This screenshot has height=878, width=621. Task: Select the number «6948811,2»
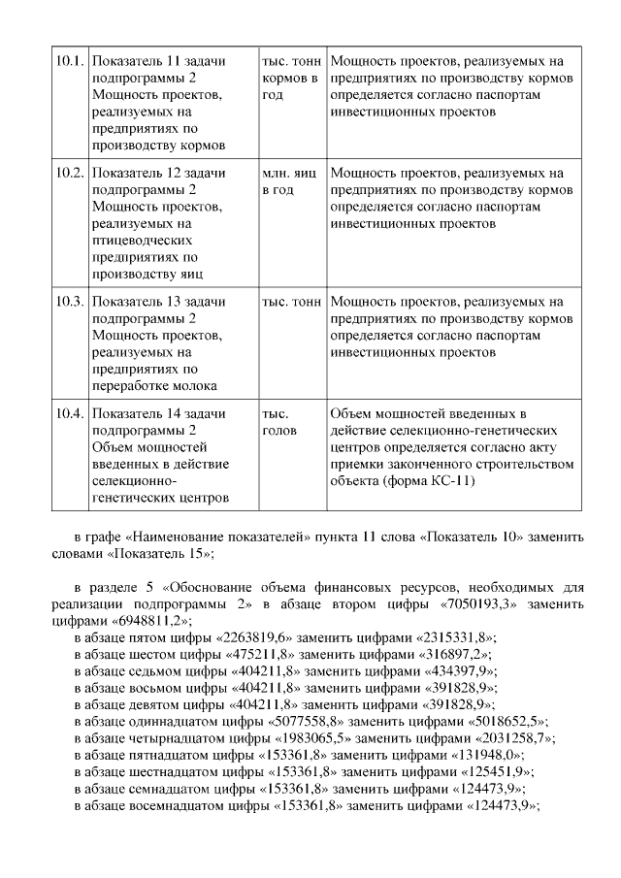click(x=150, y=619)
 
